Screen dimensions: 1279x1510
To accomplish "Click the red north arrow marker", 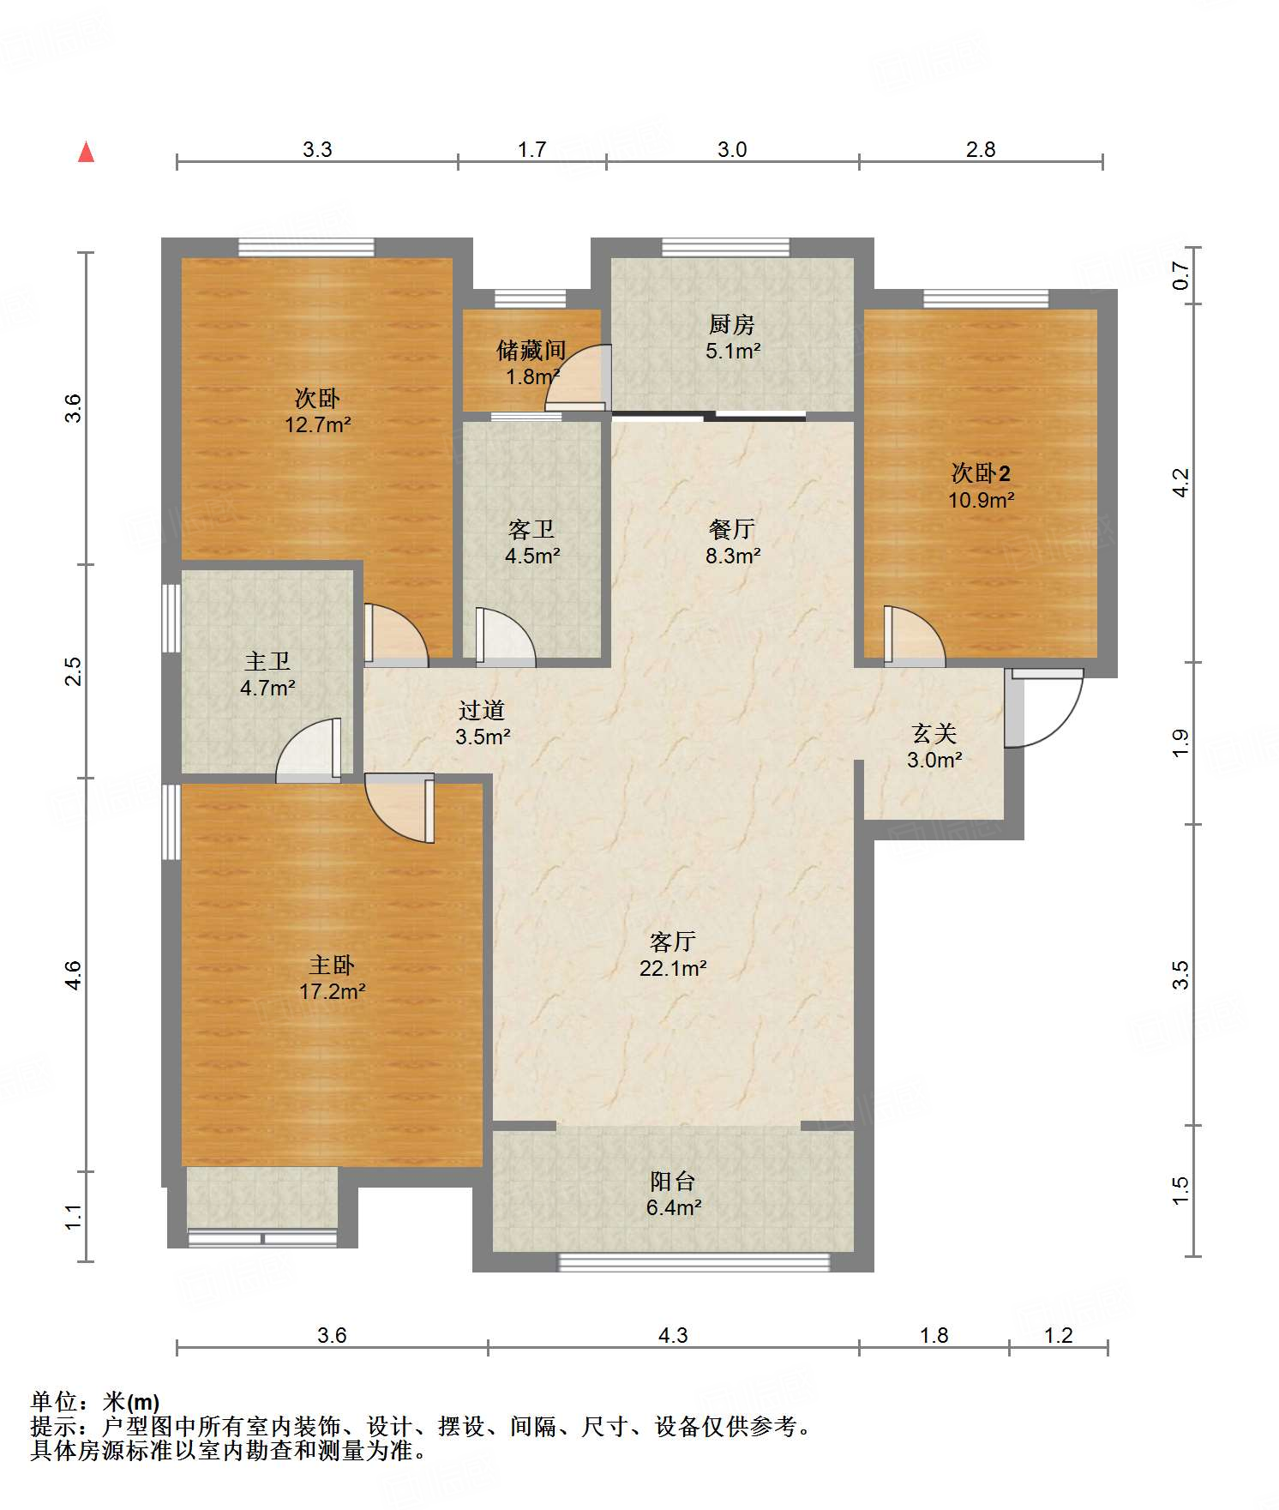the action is [x=86, y=152].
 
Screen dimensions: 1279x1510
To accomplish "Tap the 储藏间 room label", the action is [x=531, y=363].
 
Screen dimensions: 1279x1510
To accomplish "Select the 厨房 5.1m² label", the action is [x=732, y=337].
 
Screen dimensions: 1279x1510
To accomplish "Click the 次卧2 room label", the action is [x=981, y=486].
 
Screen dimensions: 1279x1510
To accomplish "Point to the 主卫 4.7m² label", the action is [x=267, y=674].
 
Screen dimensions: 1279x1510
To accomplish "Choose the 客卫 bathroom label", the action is [x=531, y=542].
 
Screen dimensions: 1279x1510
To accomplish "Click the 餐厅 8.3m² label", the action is [x=732, y=542].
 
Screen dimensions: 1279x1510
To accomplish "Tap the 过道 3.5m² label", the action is [x=482, y=723].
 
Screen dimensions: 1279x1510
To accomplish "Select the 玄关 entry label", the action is [x=934, y=746].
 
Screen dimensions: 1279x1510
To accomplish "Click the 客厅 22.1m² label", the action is [x=672, y=954].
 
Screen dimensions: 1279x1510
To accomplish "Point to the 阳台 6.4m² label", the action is [x=673, y=1194].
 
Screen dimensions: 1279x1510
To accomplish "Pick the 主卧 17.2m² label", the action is [x=332, y=978].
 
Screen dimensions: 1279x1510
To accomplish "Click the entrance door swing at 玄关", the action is [x=1044, y=708].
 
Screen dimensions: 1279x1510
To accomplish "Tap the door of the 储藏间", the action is [x=579, y=377].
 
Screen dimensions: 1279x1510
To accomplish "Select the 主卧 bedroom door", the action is [x=399, y=808].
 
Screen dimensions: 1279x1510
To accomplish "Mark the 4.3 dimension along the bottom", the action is [x=673, y=1335].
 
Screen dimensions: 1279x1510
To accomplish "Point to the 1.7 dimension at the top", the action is [x=531, y=150].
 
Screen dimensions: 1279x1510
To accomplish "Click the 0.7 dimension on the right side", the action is [x=1180, y=274].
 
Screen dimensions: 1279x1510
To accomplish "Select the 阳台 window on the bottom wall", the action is [x=694, y=1261].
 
